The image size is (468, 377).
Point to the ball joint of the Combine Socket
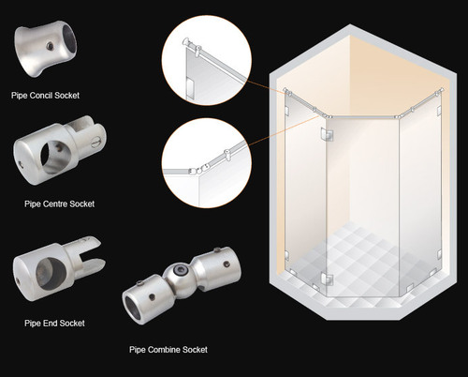click(176, 279)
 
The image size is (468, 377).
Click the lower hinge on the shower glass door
click(326, 279)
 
